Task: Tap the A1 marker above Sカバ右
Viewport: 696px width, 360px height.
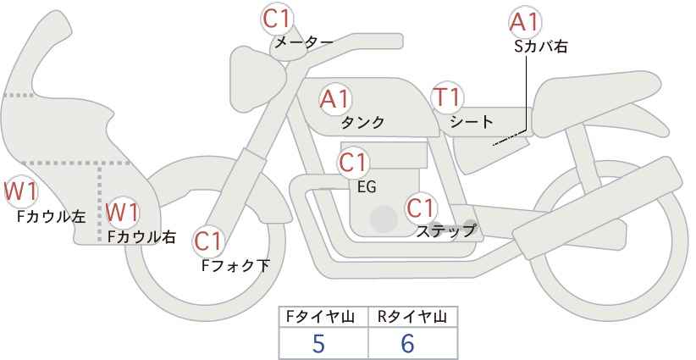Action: (x=525, y=22)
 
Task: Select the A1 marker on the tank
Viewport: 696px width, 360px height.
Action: (x=335, y=99)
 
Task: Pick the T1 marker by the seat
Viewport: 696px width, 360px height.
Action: (x=447, y=97)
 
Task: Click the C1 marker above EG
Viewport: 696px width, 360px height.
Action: (x=353, y=163)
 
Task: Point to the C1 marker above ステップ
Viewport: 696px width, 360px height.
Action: (x=421, y=208)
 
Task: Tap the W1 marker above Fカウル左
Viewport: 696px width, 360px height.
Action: (x=20, y=191)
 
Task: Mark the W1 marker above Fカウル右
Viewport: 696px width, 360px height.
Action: (x=123, y=212)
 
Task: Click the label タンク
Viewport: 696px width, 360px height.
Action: (x=362, y=123)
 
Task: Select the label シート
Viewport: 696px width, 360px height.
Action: (x=472, y=122)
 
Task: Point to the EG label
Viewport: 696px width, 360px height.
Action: (x=367, y=187)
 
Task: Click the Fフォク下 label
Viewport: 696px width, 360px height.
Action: (x=235, y=265)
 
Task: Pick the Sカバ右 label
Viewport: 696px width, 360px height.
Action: (x=541, y=47)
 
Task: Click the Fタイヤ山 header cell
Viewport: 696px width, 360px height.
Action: (x=323, y=317)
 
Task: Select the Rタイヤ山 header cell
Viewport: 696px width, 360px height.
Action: (x=413, y=317)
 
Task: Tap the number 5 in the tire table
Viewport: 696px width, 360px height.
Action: (x=318, y=343)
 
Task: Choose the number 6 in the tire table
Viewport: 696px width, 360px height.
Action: (x=407, y=343)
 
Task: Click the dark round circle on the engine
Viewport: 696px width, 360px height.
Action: (x=384, y=219)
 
